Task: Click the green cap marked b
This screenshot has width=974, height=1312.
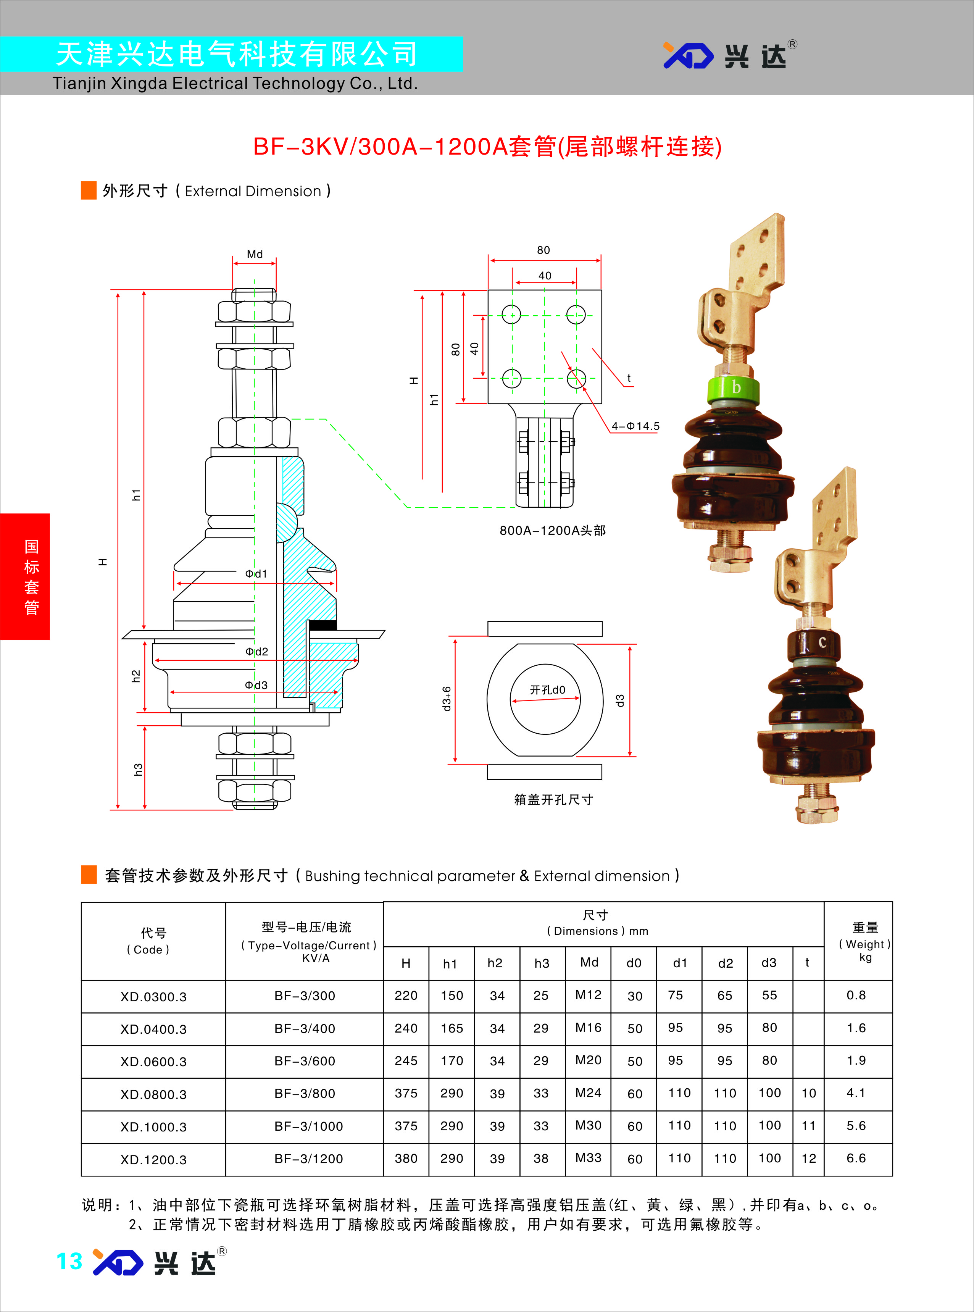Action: coord(734,388)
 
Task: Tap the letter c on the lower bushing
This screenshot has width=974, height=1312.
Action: coord(822,642)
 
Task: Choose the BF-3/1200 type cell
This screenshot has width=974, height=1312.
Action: coord(308,1159)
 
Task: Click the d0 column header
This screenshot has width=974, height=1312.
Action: coord(634,963)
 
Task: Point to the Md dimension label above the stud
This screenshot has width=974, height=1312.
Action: coord(255,254)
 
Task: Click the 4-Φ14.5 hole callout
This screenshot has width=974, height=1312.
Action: coord(635,426)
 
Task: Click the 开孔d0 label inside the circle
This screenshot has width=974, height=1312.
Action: coord(547,689)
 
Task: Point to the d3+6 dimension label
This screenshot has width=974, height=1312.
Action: coord(447,698)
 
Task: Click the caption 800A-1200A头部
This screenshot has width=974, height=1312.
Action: coord(552,530)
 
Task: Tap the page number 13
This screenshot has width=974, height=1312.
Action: coord(69,1261)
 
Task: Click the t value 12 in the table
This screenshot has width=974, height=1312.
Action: coord(808,1158)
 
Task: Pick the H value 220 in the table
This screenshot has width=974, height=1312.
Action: coord(406,995)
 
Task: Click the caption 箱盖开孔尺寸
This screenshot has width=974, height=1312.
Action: coord(553,800)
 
